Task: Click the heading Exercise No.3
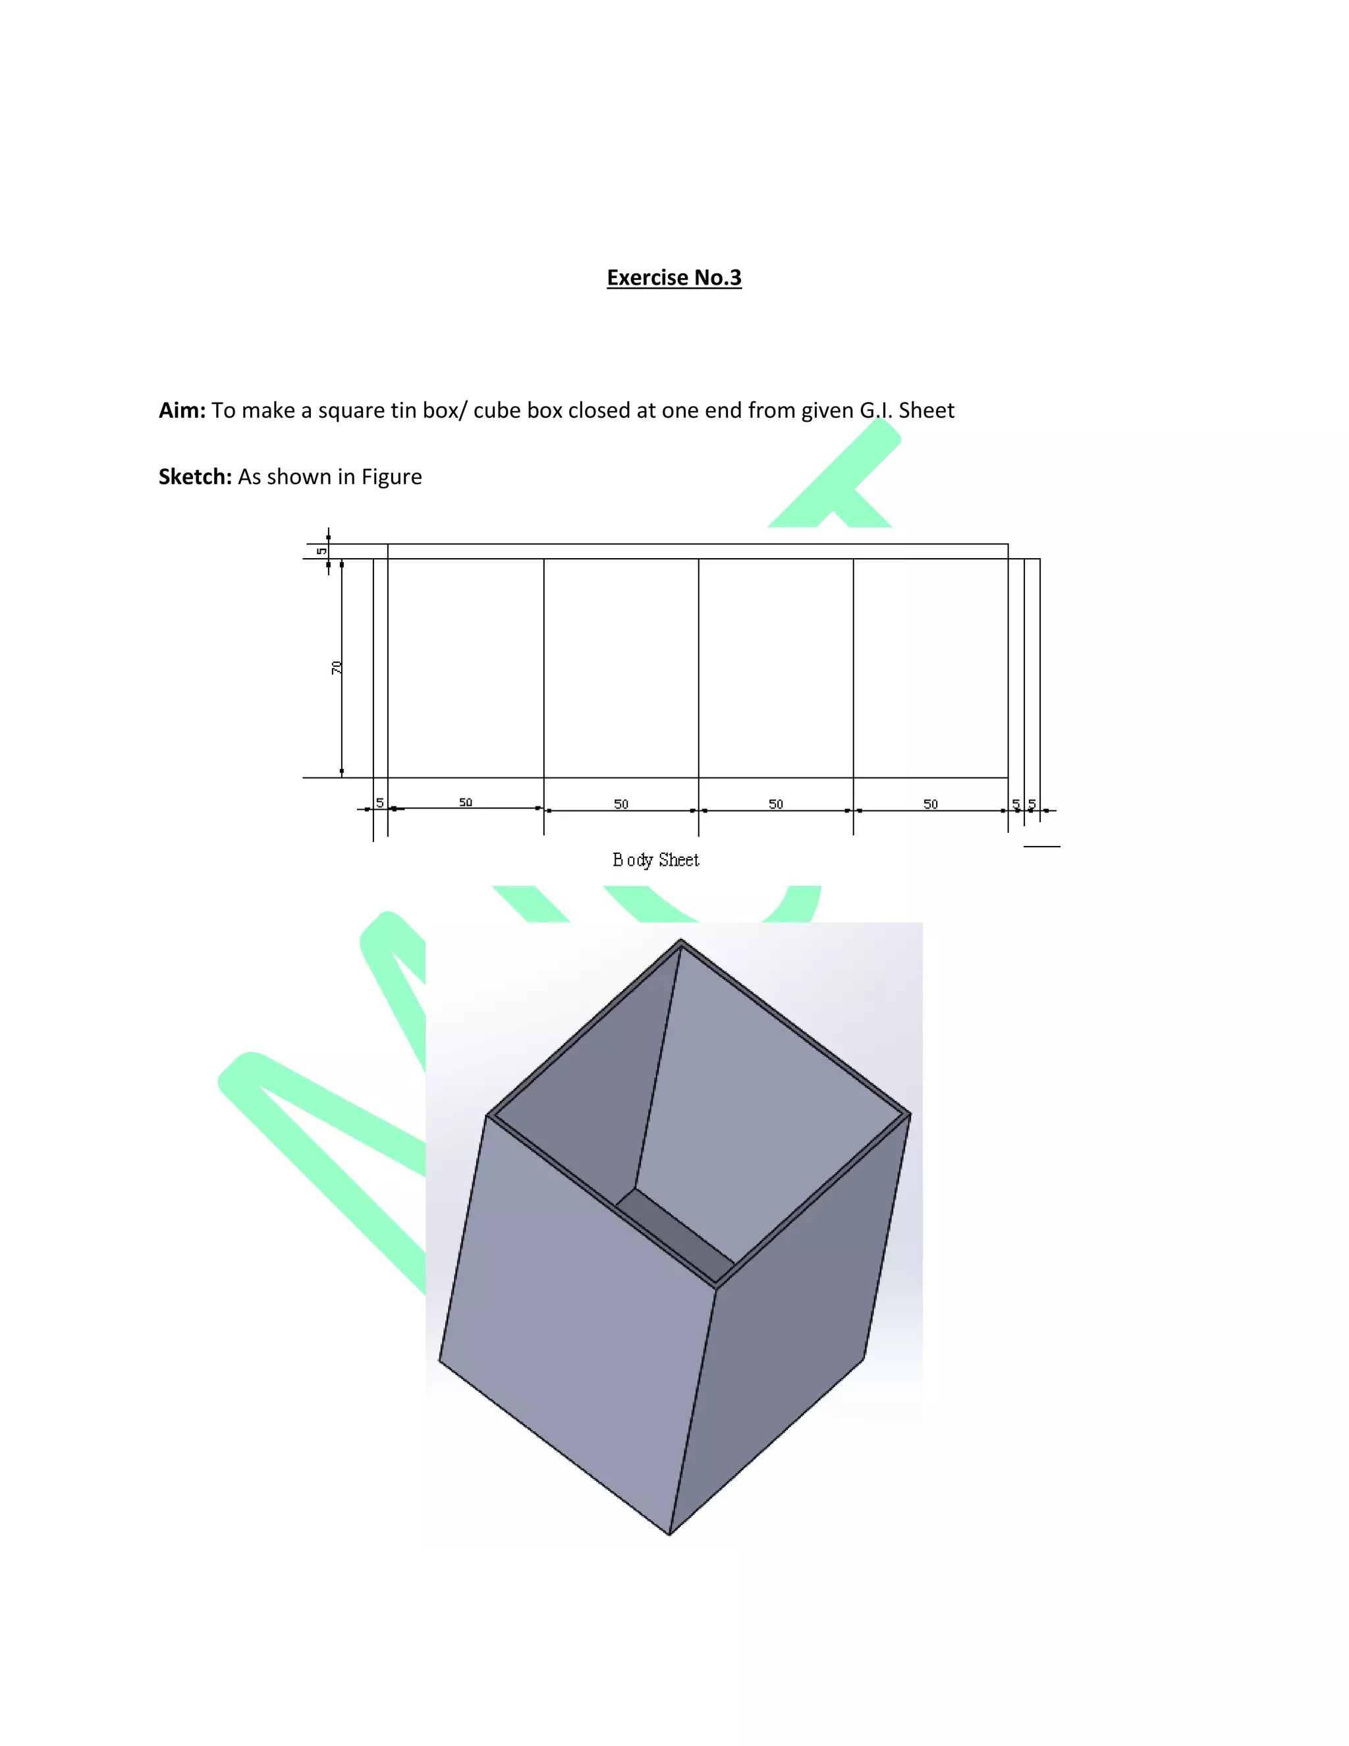point(674,277)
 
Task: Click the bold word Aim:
point(182,410)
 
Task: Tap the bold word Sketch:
point(195,476)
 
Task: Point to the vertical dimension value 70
point(337,667)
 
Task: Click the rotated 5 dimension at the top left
point(321,551)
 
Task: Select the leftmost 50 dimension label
point(465,802)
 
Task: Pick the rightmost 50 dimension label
point(930,803)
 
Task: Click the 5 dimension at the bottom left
point(379,802)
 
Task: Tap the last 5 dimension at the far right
point(1032,803)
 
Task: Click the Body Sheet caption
point(655,859)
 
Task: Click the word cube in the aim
point(496,410)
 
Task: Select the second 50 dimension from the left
point(621,803)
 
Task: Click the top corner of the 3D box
point(681,941)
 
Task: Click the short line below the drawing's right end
point(1041,846)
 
